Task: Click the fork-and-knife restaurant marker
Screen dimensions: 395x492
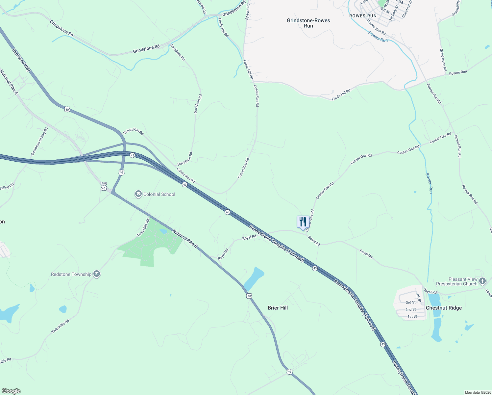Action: point(303,222)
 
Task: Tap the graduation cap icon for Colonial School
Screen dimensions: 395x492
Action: point(138,194)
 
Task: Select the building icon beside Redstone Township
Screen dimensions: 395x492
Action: point(97,274)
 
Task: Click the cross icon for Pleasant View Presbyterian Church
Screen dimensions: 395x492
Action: point(482,281)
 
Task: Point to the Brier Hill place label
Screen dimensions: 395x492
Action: point(278,308)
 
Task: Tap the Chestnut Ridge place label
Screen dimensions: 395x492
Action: point(444,308)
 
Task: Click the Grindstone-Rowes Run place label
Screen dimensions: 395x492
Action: point(308,23)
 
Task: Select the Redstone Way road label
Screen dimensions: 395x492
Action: point(21,60)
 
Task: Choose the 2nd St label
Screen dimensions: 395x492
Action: point(410,309)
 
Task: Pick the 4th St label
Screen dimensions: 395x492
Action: point(418,298)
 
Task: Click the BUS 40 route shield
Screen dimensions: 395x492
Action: point(104,186)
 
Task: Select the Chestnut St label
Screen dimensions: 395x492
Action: point(407,9)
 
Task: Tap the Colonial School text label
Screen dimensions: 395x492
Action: point(159,194)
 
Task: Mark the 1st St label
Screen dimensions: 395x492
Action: point(412,317)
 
